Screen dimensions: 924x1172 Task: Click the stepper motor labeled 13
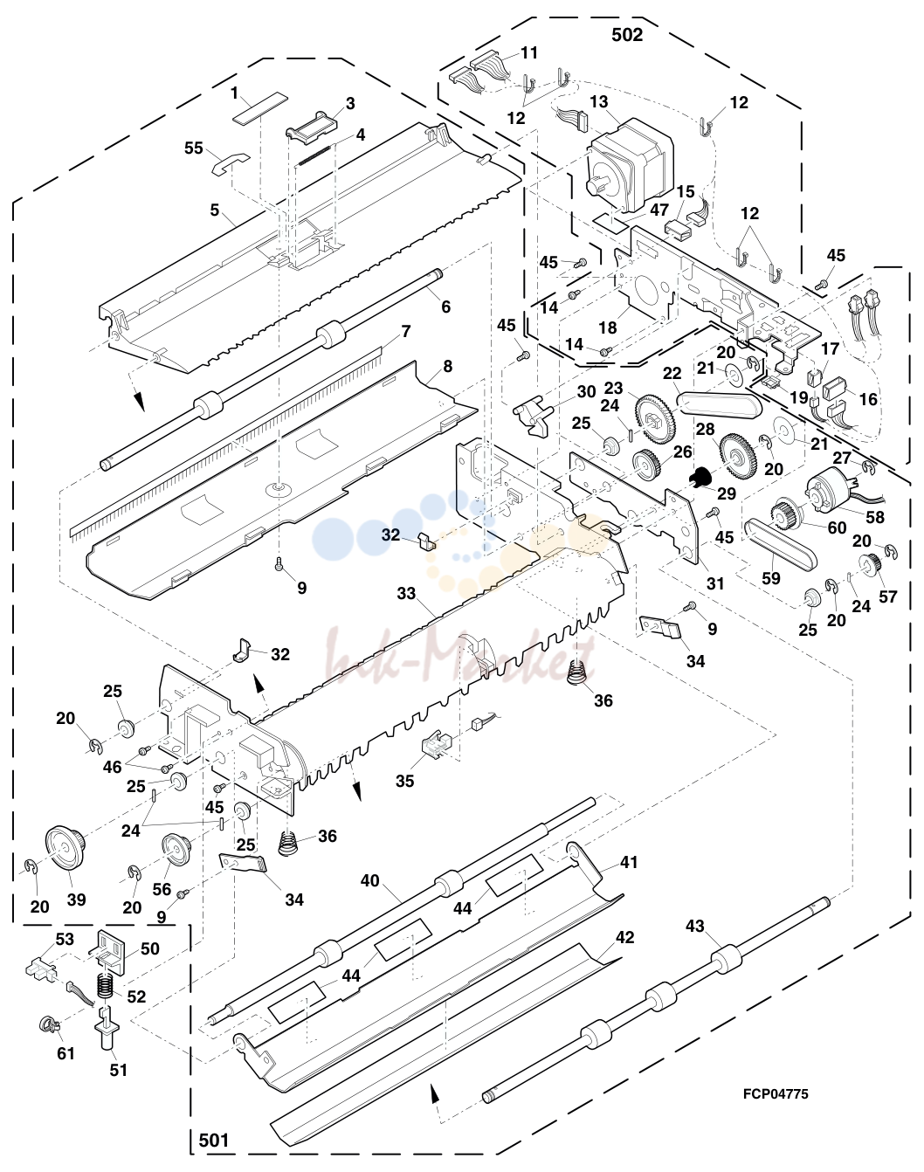(x=630, y=166)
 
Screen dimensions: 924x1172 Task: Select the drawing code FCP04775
(x=776, y=1093)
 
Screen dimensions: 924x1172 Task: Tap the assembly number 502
(x=627, y=35)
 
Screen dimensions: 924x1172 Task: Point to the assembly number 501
(x=214, y=1140)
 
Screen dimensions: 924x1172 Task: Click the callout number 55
(x=193, y=148)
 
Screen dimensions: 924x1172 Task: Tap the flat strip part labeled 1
(x=259, y=107)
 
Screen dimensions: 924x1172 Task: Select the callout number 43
(x=694, y=926)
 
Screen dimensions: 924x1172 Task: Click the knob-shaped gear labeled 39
(x=65, y=849)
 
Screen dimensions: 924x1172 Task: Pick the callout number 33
(x=406, y=593)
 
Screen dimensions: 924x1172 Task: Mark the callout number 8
(x=447, y=367)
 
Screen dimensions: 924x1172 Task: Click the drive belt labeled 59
(x=782, y=549)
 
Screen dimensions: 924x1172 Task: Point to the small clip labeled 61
(x=48, y=1024)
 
